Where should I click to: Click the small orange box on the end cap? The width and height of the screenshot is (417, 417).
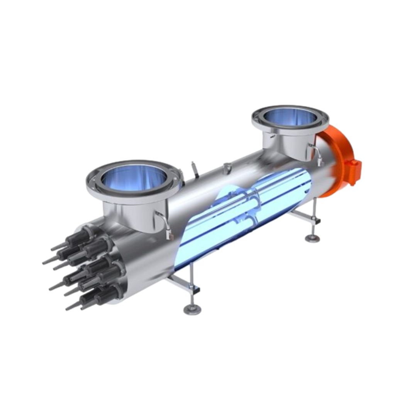click(355, 172)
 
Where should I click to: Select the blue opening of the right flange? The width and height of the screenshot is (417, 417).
click(290, 117)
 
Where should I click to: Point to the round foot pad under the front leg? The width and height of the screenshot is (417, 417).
click(192, 309)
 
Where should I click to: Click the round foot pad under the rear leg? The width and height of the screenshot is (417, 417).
click(312, 238)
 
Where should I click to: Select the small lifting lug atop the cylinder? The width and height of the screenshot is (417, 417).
click(227, 167)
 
